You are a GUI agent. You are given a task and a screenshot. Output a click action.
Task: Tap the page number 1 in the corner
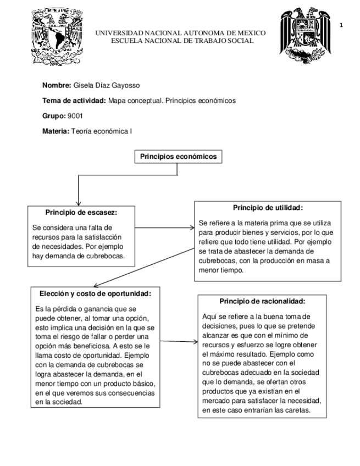(342, 25)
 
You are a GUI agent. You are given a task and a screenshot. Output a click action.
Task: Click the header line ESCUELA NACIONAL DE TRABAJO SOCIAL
(182, 41)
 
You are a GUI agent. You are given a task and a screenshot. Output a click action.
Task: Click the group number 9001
(75, 116)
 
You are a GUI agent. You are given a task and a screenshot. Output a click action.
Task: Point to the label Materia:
(56, 131)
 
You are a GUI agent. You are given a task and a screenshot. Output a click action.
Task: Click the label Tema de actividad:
(74, 101)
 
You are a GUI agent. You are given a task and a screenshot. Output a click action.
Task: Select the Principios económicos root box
(179, 157)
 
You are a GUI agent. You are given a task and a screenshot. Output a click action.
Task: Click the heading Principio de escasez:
(81, 212)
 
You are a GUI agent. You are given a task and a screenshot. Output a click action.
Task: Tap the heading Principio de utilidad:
(268, 208)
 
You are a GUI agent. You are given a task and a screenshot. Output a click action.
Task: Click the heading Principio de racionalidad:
(262, 301)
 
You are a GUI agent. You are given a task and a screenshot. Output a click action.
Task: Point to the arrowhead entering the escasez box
(80, 202)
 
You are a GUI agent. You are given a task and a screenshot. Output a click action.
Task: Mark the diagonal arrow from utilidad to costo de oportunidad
(148, 261)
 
